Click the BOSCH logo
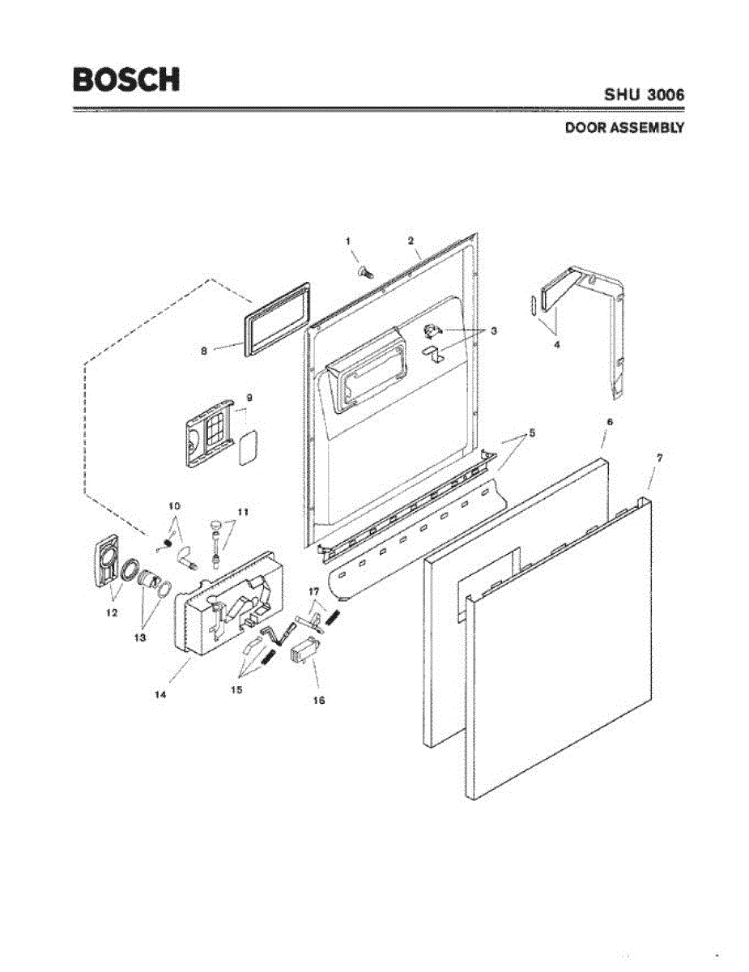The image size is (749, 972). tap(126, 79)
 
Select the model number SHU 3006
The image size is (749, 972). tap(645, 95)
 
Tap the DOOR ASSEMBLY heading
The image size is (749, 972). tap(624, 127)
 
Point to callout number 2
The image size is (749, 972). tap(411, 241)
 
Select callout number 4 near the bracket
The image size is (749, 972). tap(556, 343)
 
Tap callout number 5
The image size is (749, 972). tap(531, 433)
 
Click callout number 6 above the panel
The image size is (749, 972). tap(609, 422)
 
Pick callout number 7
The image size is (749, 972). tap(660, 458)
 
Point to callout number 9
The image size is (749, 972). tap(250, 398)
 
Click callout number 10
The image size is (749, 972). tap(173, 505)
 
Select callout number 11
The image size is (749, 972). tap(242, 511)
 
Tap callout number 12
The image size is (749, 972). tap(113, 613)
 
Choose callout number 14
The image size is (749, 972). tap(161, 694)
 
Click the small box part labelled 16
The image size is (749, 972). tap(303, 651)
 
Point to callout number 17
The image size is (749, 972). tap(314, 592)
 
